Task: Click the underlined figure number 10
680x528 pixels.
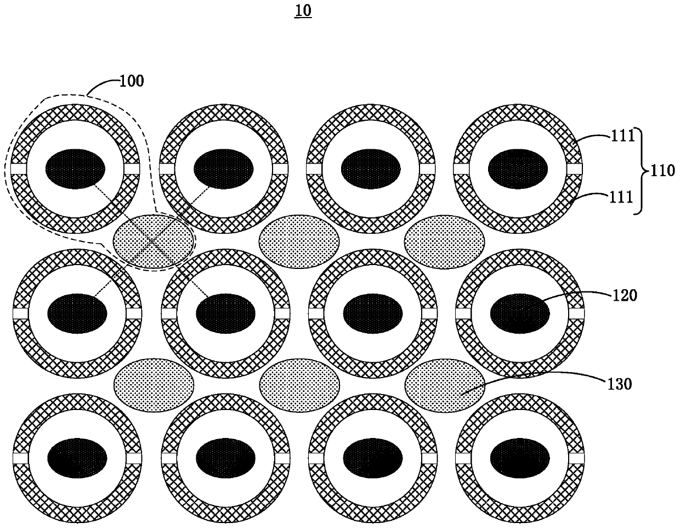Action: [x=303, y=12]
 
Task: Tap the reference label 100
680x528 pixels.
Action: [x=132, y=81]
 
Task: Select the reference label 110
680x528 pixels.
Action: [x=662, y=171]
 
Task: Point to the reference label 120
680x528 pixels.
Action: [x=625, y=295]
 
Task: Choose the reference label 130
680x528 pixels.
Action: [x=620, y=384]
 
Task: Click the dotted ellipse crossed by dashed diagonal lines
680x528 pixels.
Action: [x=154, y=242]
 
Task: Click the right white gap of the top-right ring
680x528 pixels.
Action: [x=575, y=169]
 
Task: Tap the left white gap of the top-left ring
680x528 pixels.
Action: [x=19, y=169]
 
